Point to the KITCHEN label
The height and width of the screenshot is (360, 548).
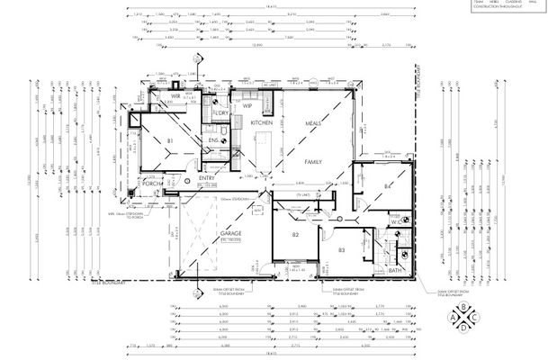tap(262, 121)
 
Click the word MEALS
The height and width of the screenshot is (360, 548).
tap(313, 122)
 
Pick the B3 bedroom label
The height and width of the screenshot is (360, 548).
tap(341, 249)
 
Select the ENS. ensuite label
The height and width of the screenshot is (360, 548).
tap(214, 140)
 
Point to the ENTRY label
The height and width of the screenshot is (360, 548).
tap(204, 178)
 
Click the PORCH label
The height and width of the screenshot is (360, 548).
tap(151, 184)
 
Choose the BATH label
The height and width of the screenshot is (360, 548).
tap(394, 270)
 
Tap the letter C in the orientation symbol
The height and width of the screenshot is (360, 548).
tap(478, 317)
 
